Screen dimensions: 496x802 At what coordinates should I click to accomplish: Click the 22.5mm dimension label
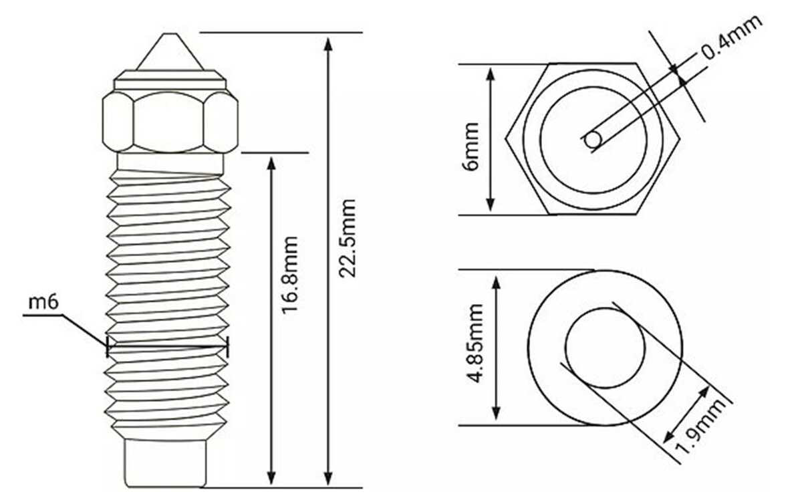click(x=348, y=237)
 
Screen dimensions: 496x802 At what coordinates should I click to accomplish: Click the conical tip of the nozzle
click(x=169, y=52)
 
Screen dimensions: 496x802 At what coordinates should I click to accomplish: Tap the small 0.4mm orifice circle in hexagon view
click(x=592, y=140)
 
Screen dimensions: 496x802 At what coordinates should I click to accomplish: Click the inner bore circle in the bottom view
click(x=605, y=348)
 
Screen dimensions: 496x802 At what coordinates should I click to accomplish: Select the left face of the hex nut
click(x=117, y=120)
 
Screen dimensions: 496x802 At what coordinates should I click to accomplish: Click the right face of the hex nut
click(x=221, y=120)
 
